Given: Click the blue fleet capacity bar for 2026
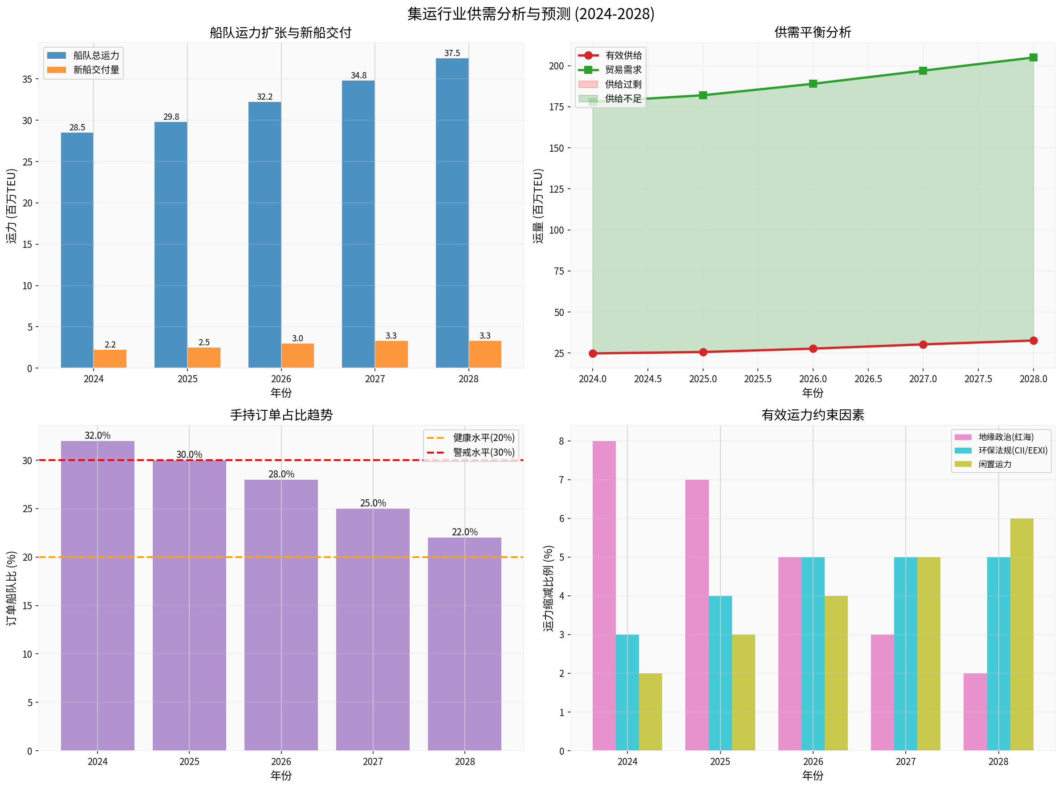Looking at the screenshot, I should pyautogui.click(x=264, y=235).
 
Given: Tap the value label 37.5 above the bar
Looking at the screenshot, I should pyautogui.click(x=452, y=53).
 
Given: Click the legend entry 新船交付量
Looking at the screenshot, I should pyautogui.click(x=96, y=70).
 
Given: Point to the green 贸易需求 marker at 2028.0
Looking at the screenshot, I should pyautogui.click(x=1033, y=57).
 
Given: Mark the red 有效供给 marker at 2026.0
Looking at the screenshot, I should pyautogui.click(x=813, y=348).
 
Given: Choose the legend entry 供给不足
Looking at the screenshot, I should pyautogui.click(x=623, y=98).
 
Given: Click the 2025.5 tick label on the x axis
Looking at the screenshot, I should pyautogui.click(x=757, y=379).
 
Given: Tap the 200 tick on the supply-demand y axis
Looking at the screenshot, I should pyautogui.click(x=556, y=66).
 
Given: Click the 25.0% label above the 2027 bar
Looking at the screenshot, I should pyautogui.click(x=373, y=503).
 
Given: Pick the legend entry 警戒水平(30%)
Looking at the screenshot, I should pyautogui.click(x=483, y=452).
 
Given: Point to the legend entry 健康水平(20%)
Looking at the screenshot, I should pyautogui.click(x=483, y=437).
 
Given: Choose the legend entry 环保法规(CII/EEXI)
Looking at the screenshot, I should pyautogui.click(x=1012, y=450).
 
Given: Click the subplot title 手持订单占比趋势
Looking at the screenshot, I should pyautogui.click(x=281, y=415).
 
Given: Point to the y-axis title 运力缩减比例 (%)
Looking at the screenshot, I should pyautogui.click(x=548, y=588).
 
